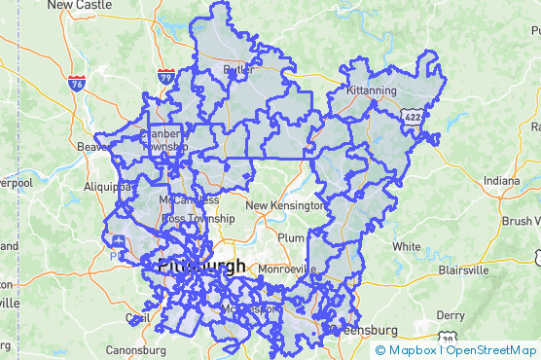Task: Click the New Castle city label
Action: point(74,5)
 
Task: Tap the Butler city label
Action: point(238,70)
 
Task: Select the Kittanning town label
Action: point(372,90)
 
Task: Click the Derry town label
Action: point(451,315)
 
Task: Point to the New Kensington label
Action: point(283,205)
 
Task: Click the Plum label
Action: point(291,237)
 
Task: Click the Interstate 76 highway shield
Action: point(77,85)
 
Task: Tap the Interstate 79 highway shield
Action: point(166,76)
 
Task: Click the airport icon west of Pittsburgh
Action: point(119,240)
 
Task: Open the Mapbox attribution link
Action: point(414,350)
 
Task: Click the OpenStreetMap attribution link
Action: point(490,350)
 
